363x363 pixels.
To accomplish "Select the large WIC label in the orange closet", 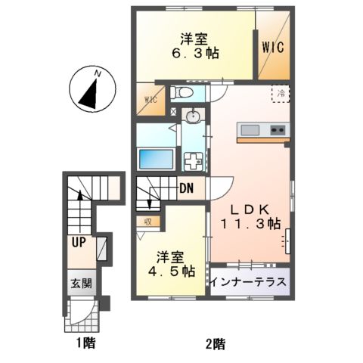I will click(x=272, y=48).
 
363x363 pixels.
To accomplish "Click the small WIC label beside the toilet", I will click(x=149, y=99).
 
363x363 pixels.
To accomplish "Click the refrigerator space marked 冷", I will click(x=281, y=94).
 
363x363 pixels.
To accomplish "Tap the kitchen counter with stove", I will click(x=262, y=131).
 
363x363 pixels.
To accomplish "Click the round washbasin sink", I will click(x=194, y=117).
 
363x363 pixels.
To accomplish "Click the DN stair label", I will click(x=188, y=191).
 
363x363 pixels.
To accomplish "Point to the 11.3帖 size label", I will click(x=251, y=224).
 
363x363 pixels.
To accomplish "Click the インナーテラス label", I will click(x=249, y=283).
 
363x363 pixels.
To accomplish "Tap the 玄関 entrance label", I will click(x=82, y=284).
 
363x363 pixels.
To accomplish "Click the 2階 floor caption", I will click(x=214, y=344).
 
